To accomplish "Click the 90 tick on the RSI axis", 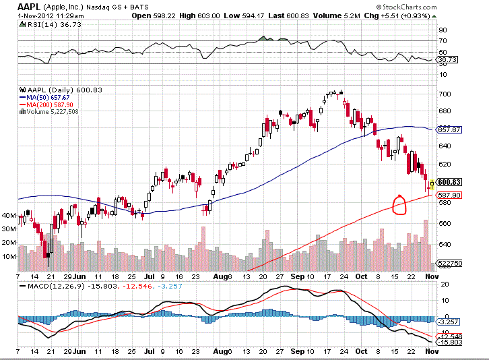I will [443, 30].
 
